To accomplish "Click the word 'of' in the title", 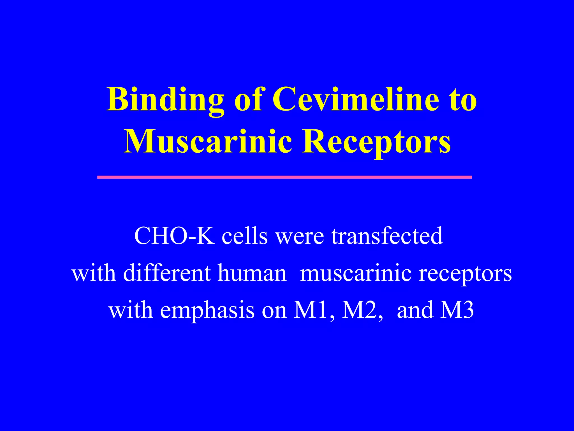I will (x=248, y=100).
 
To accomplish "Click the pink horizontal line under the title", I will (x=284, y=177).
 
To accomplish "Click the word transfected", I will (x=387, y=236).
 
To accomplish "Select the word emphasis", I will (x=207, y=311).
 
